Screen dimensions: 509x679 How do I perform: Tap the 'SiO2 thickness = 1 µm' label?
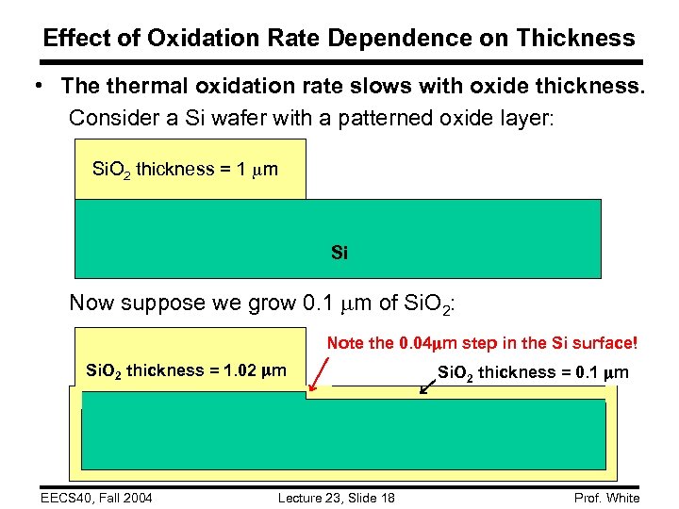(x=185, y=171)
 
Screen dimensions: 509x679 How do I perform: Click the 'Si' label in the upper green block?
(x=339, y=253)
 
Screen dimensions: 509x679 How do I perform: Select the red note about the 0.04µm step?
(x=482, y=343)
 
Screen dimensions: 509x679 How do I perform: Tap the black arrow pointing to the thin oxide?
(x=429, y=381)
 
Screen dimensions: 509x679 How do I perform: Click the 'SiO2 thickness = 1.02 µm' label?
(x=185, y=370)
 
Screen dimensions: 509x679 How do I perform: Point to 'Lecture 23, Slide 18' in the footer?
(x=336, y=498)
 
